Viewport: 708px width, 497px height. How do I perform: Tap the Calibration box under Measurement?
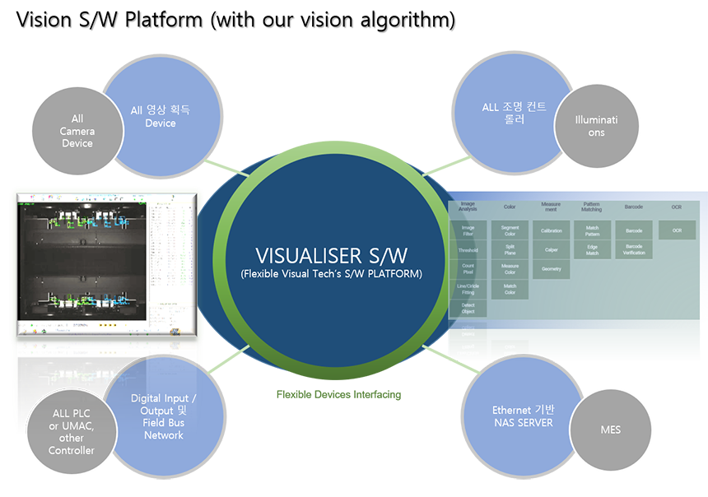(x=551, y=230)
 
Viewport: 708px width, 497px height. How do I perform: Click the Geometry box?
(x=551, y=269)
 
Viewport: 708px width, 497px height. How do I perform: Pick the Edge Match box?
(x=592, y=249)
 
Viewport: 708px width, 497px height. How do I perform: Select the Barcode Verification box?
(x=634, y=249)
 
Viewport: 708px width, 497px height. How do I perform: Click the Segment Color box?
(x=510, y=230)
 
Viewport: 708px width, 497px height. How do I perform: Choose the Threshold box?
(x=468, y=250)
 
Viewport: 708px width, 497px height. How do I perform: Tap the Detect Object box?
(x=468, y=309)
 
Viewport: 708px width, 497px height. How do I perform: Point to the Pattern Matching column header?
(x=592, y=206)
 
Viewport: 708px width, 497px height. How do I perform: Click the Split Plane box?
(x=510, y=250)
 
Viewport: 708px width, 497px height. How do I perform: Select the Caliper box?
(x=551, y=249)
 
